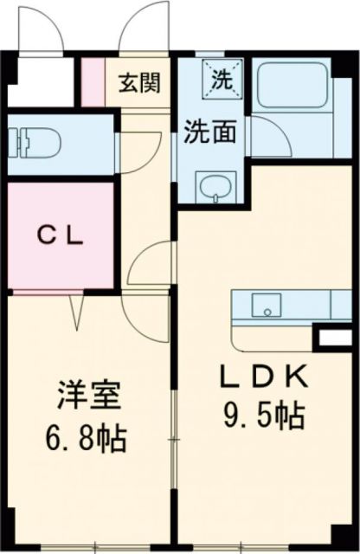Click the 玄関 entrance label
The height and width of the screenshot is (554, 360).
click(138, 84)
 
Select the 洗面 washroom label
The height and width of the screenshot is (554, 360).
click(209, 132)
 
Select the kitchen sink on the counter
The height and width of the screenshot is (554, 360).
click(267, 305)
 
